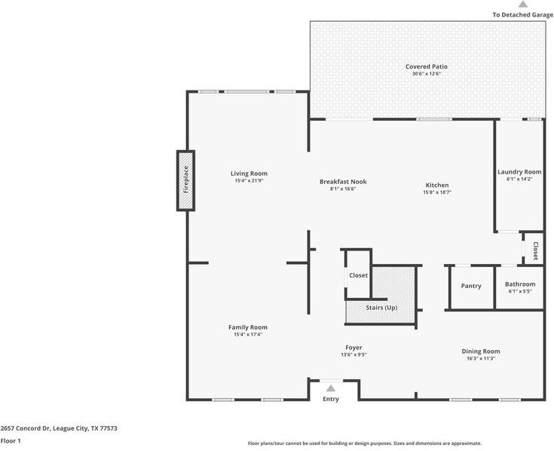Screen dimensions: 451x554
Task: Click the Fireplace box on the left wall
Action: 185,181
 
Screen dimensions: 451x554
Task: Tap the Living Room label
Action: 249,173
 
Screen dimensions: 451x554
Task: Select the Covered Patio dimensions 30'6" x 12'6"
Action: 427,74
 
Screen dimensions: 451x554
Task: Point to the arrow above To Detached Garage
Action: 523,5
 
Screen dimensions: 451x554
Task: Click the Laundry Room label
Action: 519,172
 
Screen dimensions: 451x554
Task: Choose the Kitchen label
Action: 437,185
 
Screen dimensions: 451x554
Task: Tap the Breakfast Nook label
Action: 343,182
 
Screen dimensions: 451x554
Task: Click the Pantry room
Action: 471,286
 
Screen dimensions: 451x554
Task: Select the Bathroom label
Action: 520,284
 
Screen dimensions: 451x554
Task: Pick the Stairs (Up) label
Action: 381,308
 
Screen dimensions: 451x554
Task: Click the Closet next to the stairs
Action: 358,275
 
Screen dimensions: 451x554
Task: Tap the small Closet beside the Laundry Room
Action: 535,250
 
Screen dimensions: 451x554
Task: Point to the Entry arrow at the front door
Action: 330,388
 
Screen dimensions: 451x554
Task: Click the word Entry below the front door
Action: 331,399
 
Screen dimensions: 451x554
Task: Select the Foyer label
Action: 354,348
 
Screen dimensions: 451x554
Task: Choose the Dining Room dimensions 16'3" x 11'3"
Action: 481,358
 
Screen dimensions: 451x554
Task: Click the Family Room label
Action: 248,327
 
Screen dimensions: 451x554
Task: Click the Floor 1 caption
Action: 11,440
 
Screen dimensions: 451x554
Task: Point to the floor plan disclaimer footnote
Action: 365,443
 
